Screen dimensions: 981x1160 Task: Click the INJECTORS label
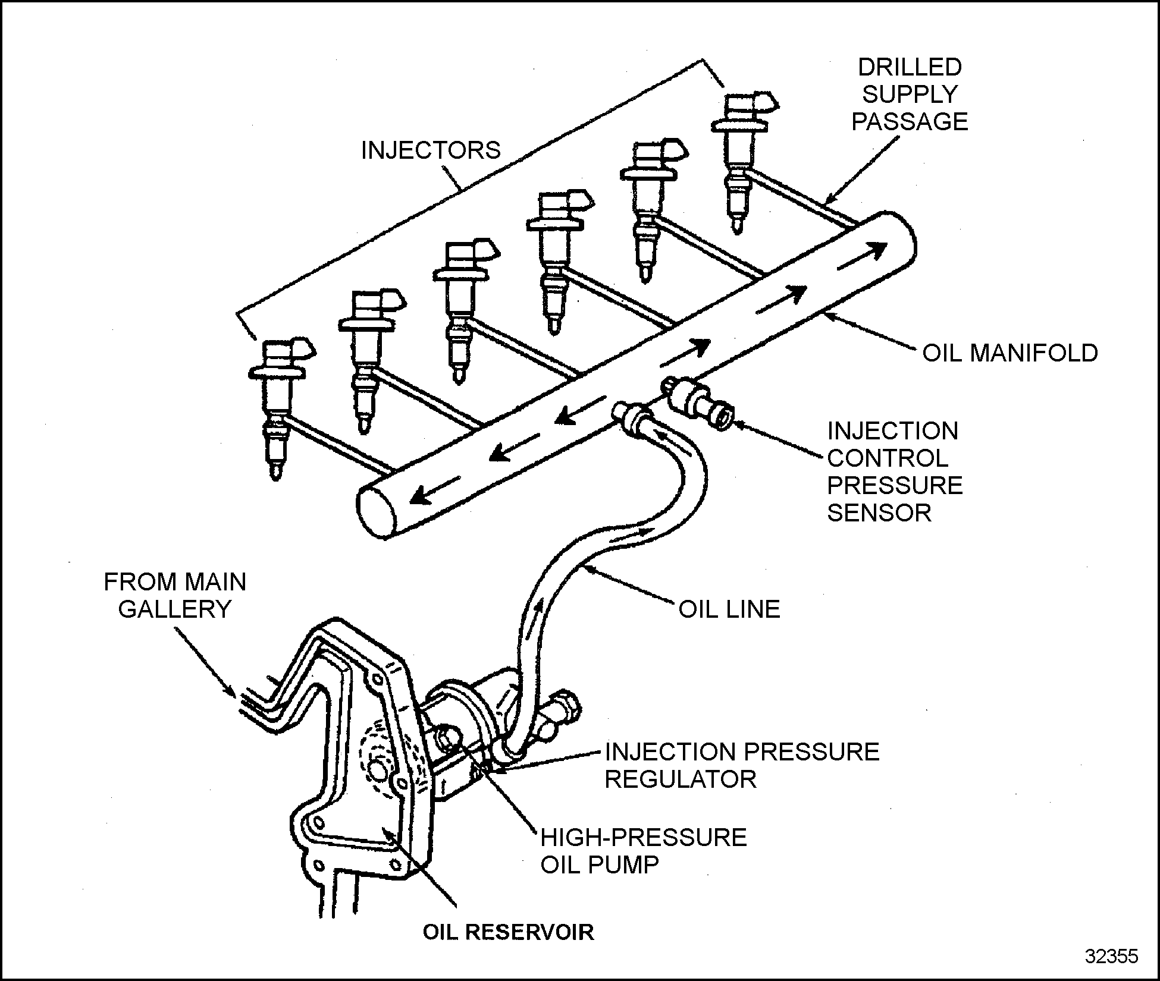pyautogui.click(x=431, y=150)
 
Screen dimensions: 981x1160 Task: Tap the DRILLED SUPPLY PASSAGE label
pyautogui.click(x=910, y=95)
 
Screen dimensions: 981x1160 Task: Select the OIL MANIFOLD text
pyautogui.click(x=1009, y=353)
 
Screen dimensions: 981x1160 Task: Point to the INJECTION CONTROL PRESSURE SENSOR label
pyautogui.click(x=894, y=471)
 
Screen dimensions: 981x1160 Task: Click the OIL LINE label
pyautogui.click(x=729, y=609)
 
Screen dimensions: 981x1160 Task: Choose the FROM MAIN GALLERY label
pyautogui.click(x=175, y=595)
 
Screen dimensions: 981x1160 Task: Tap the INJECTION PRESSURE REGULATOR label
pyautogui.click(x=741, y=765)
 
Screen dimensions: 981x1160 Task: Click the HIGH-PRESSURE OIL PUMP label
pyautogui.click(x=643, y=851)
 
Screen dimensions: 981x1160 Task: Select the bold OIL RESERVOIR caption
pyautogui.click(x=508, y=932)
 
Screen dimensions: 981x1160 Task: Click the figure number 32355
pyautogui.click(x=1111, y=956)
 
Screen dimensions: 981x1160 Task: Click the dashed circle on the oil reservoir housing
pyautogui.click(x=378, y=755)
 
